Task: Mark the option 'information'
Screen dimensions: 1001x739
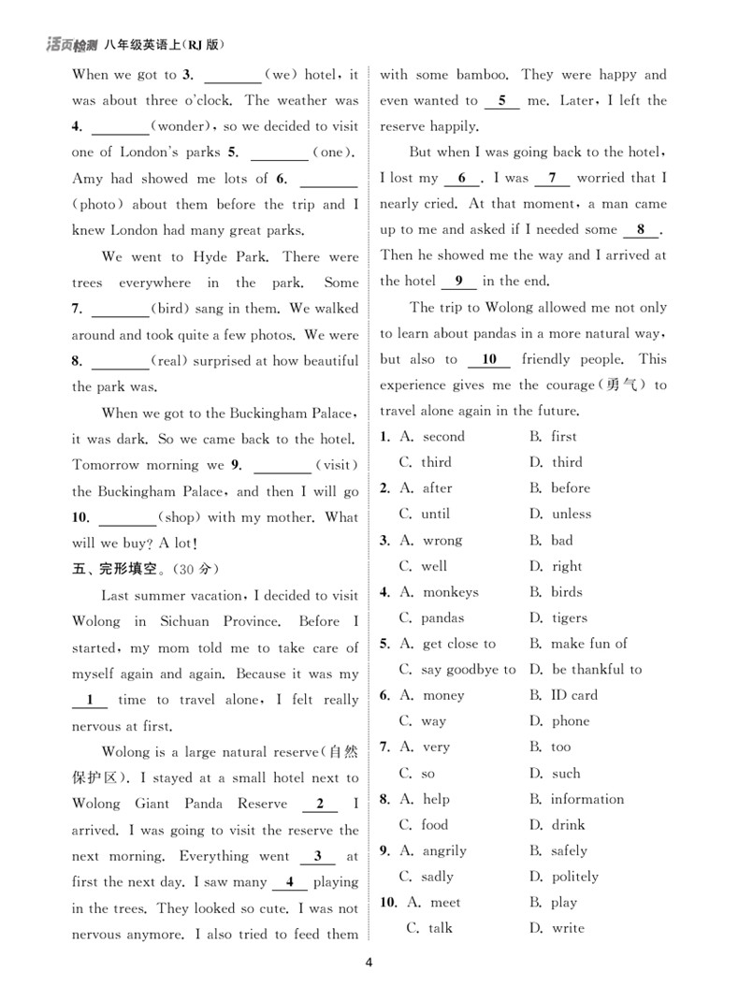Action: (x=587, y=799)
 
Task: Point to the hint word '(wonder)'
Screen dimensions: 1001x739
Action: (x=178, y=126)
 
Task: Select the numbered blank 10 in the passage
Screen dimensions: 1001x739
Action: (x=489, y=359)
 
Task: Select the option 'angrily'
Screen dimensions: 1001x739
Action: (x=444, y=850)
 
